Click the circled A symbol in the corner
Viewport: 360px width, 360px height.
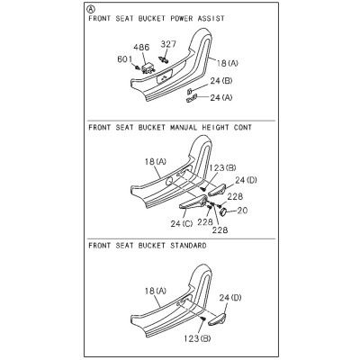click(x=91, y=9)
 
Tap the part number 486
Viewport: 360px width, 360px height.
click(x=141, y=48)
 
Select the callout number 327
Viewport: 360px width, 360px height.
click(x=168, y=44)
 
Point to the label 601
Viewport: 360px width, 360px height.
click(x=125, y=59)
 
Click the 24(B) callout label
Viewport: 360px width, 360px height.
click(x=221, y=81)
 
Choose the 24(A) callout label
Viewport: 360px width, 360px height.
click(x=221, y=97)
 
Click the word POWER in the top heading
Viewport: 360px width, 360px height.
click(x=182, y=19)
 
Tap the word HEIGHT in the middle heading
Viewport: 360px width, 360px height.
click(x=213, y=128)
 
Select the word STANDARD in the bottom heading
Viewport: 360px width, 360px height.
click(x=188, y=246)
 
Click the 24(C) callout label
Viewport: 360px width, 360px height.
click(x=182, y=223)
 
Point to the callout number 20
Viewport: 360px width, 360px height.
click(x=242, y=211)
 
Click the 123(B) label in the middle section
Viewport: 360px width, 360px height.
click(x=222, y=168)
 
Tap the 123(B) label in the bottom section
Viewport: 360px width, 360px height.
click(x=197, y=338)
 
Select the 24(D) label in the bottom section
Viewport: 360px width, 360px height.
click(x=230, y=298)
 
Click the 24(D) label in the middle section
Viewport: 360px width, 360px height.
click(x=246, y=180)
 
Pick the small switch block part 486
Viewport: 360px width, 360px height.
click(x=148, y=68)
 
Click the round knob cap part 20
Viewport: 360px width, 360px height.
click(x=223, y=212)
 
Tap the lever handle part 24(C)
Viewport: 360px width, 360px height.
click(x=193, y=202)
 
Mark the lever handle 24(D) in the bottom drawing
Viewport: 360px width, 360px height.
click(x=217, y=319)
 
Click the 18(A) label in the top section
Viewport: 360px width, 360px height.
click(x=228, y=63)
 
